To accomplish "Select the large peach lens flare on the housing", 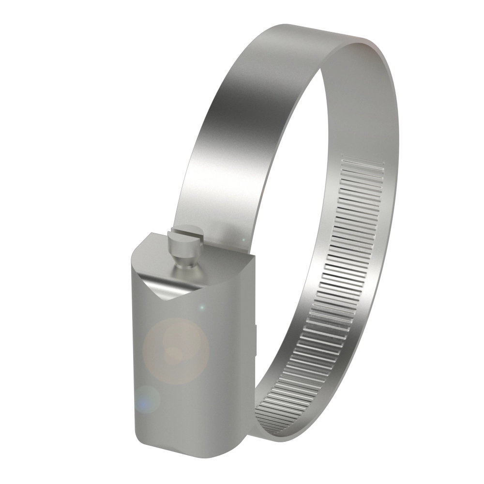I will [176, 349].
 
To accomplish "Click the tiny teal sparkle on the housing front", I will [202, 307].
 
